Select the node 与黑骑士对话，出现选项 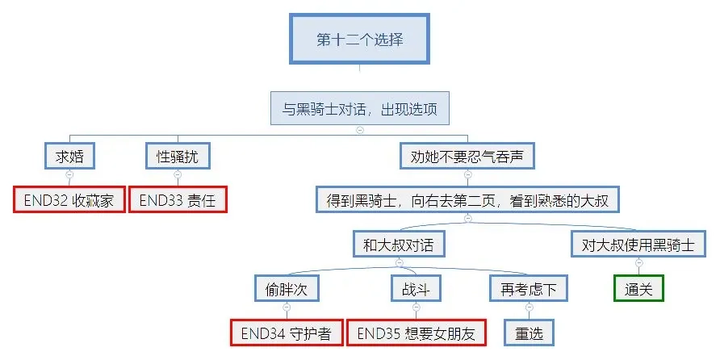(x=359, y=109)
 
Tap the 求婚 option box (x=69, y=156)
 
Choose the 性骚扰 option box (x=178, y=156)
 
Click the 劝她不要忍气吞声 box (x=467, y=156)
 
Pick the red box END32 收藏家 (x=69, y=199)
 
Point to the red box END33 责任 (x=178, y=199)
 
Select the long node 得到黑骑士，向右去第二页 (x=467, y=199)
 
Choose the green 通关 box (x=638, y=288)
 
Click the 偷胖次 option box (x=287, y=288)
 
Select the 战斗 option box (x=417, y=288)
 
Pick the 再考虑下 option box (x=529, y=288)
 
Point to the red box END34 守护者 (x=287, y=333)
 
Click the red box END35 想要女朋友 (x=417, y=333)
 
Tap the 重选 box (x=529, y=333)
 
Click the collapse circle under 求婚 (x=69, y=174)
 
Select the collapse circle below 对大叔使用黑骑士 (x=638, y=262)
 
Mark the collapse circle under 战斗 (x=417, y=307)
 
